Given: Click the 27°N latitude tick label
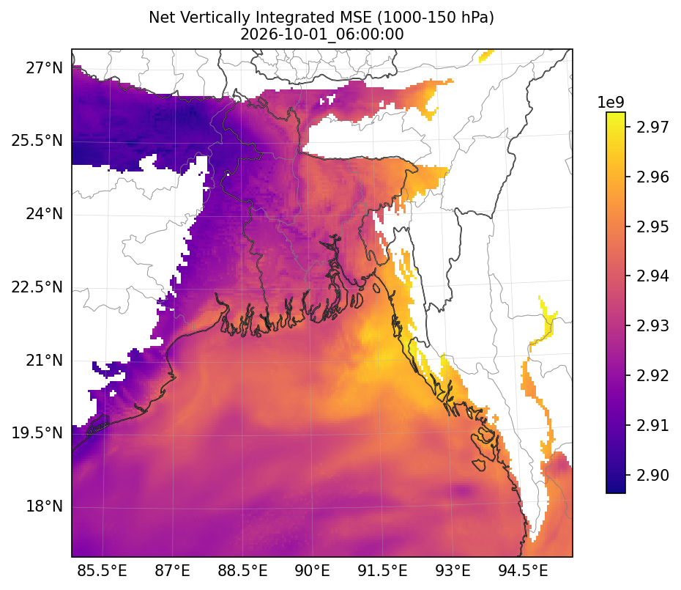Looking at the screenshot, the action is pyautogui.click(x=44, y=68).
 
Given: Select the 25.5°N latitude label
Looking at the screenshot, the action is pyautogui.click(x=37, y=141).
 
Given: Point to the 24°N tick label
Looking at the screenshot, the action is pyautogui.click(x=44, y=214).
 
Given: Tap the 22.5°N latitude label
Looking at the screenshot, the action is pyautogui.click(x=37, y=287).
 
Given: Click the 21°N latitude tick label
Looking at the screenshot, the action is pyautogui.click(x=44, y=361).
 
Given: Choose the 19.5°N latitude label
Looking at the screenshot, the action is pyautogui.click(x=37, y=433).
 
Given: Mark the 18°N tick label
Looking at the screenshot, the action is pyautogui.click(x=44, y=506).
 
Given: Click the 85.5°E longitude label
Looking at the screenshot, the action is pyautogui.click(x=102, y=570).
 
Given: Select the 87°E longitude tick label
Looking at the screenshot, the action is pyautogui.click(x=172, y=570).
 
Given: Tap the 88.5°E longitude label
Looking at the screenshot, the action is pyautogui.click(x=242, y=570).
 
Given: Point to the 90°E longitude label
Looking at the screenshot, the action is pyautogui.click(x=312, y=570).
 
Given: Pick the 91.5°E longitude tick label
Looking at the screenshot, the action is pyautogui.click(x=383, y=570).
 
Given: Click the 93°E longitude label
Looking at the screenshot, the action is pyautogui.click(x=453, y=570).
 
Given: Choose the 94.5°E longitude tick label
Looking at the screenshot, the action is pyautogui.click(x=523, y=570).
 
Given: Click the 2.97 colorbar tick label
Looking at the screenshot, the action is pyautogui.click(x=652, y=127).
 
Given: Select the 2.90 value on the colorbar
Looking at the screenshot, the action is pyautogui.click(x=652, y=475).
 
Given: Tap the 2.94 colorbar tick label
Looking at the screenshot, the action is pyautogui.click(x=652, y=276).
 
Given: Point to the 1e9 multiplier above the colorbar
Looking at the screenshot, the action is pyautogui.click(x=611, y=103).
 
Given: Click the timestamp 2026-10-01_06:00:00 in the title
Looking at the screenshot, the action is pyautogui.click(x=321, y=34).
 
